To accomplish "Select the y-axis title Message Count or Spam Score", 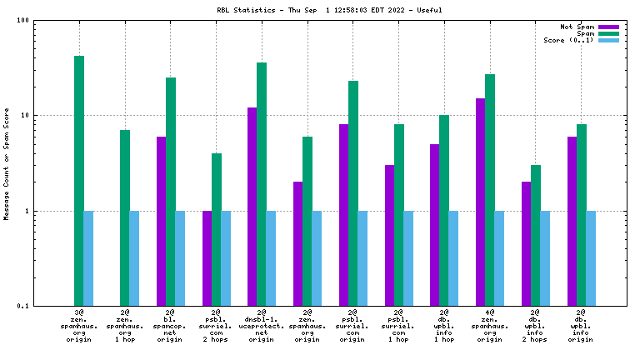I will tap(7, 163).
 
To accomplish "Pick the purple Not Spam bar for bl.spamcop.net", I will tap(161, 221).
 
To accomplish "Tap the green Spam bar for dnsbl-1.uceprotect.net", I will tap(262, 184).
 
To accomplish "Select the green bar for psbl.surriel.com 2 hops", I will tap(217, 229).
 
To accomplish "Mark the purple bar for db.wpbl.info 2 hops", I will tap(526, 243).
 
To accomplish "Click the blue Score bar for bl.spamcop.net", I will tap(180, 258).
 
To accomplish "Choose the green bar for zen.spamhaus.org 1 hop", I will tap(125, 217).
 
